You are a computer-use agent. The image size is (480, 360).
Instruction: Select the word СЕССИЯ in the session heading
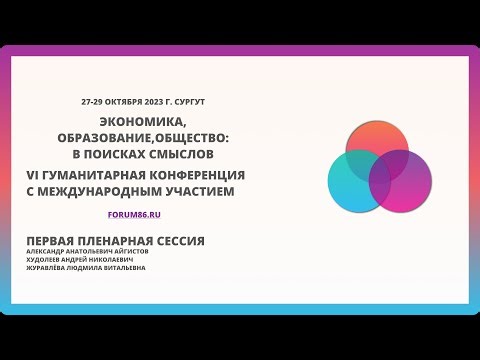(x=177, y=240)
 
